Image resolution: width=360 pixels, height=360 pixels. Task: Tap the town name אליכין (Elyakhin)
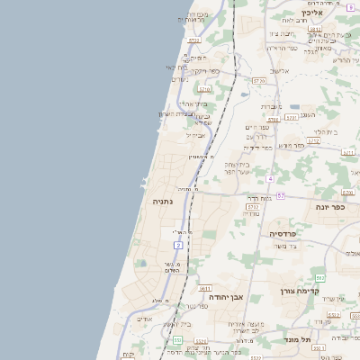[312, 13]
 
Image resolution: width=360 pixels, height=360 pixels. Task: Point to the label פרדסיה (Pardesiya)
[289, 233]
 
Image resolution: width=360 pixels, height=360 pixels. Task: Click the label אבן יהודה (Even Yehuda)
[226, 296]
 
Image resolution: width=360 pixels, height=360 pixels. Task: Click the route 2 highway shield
[178, 245]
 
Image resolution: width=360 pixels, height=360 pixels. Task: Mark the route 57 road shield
[281, 195]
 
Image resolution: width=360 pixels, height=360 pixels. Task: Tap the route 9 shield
[349, 7]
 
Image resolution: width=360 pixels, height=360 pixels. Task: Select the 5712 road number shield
[313, 141]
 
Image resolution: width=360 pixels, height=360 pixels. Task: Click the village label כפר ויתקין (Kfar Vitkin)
[211, 69]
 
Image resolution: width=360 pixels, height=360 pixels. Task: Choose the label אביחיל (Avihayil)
[195, 135]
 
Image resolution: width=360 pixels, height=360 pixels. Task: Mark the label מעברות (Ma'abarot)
[272, 107]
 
